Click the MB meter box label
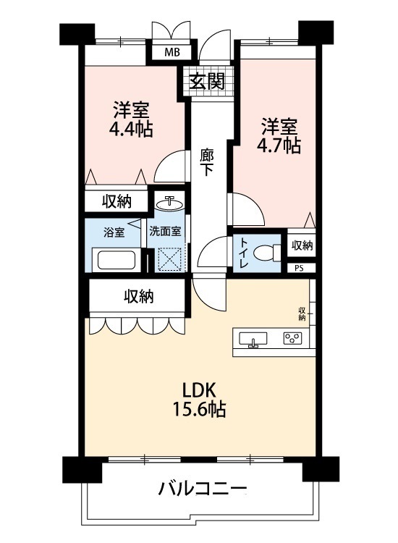pyautogui.click(x=172, y=52)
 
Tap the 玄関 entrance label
pyautogui.click(x=207, y=81)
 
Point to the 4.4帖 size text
pyautogui.click(x=131, y=130)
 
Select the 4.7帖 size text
pyautogui.click(x=279, y=146)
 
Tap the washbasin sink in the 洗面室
pyautogui.click(x=169, y=203)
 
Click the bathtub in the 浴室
pyautogui.click(x=117, y=260)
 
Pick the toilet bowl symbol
pyautogui.click(x=267, y=252)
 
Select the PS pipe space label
pyautogui.click(x=300, y=269)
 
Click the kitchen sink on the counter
pyautogui.click(x=253, y=339)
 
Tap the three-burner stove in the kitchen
pyautogui.click(x=293, y=338)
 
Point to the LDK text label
pyautogui.click(x=199, y=391)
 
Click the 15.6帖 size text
pyautogui.click(x=199, y=409)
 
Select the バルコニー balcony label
pyautogui.click(x=203, y=489)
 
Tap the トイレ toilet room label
pyautogui.click(x=243, y=253)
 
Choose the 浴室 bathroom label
pyautogui.click(x=114, y=232)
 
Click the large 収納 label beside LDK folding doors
pyautogui.click(x=139, y=296)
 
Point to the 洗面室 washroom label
pyautogui.click(x=165, y=232)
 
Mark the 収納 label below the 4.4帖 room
pyautogui.click(x=117, y=201)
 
